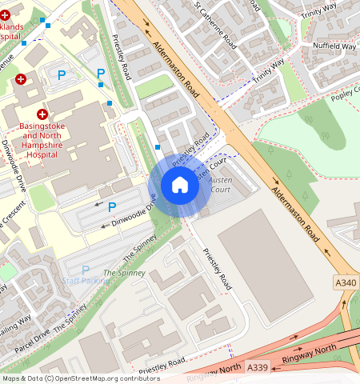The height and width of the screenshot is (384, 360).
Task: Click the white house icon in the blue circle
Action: pos(180,186)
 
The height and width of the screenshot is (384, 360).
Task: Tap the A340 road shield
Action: pos(346,282)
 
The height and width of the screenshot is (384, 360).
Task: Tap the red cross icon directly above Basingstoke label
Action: pos(42,115)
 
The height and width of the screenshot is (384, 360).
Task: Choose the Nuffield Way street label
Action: pos(335,46)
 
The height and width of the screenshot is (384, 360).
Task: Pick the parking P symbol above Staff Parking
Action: pos(86,270)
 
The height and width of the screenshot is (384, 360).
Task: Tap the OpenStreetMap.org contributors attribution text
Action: pos(95,378)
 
